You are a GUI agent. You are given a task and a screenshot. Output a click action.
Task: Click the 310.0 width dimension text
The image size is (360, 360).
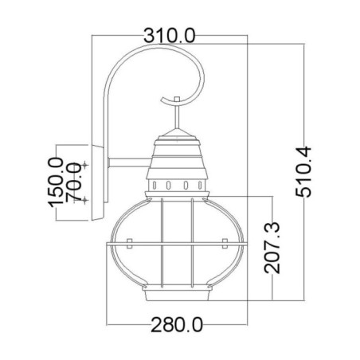coord(170,34)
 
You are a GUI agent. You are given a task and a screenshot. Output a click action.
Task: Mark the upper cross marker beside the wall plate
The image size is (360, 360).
coord(87,163)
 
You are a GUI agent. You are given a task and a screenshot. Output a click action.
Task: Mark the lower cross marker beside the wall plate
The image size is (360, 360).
coord(87,199)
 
